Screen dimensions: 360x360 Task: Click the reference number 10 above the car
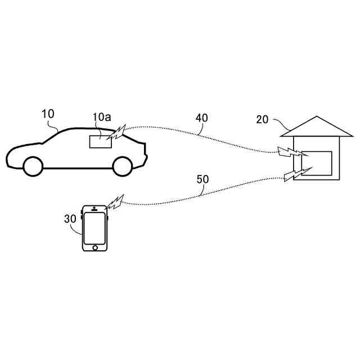48,114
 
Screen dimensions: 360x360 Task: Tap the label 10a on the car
102,117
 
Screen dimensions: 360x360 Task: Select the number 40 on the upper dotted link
202,118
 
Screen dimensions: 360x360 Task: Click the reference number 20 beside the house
263,119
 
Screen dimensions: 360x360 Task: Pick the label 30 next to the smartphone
70,219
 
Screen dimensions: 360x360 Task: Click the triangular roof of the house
317,127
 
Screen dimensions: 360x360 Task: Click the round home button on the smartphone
95,247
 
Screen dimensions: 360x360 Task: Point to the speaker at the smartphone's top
94,210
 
